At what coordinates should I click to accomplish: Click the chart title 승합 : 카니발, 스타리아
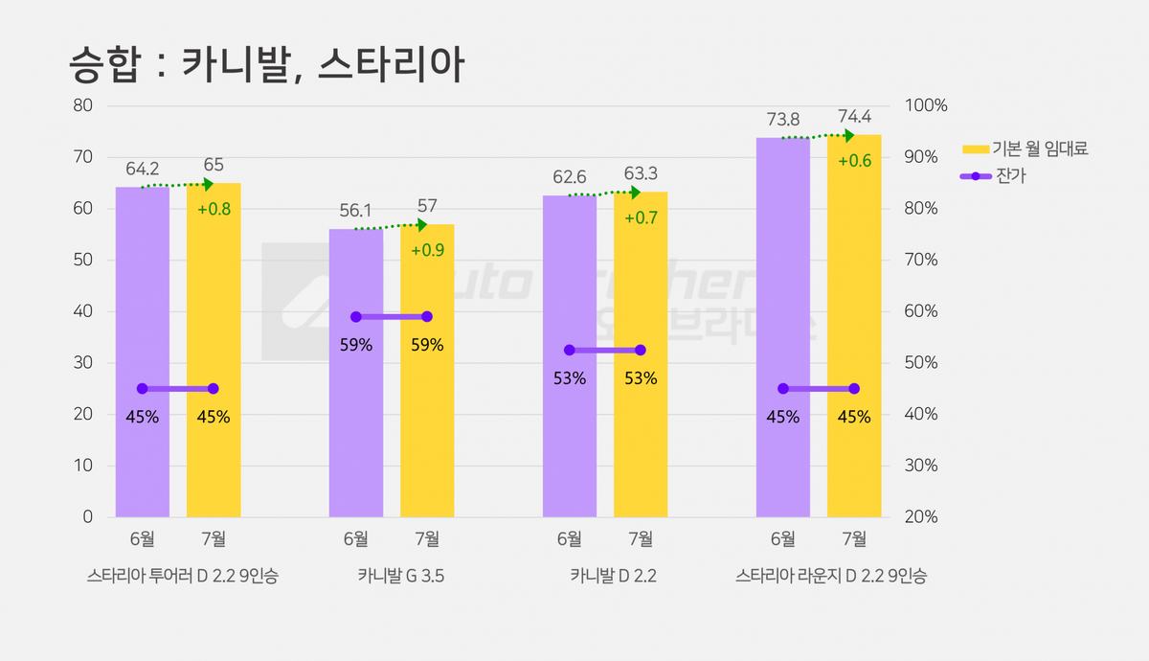[x=267, y=65]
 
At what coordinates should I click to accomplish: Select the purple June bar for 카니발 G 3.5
[x=356, y=373]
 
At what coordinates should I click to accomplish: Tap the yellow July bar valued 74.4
[x=854, y=326]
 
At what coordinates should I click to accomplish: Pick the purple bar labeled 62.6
[x=570, y=356]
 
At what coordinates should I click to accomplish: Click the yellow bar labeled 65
[x=214, y=350]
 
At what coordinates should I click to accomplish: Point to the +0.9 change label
[x=428, y=250]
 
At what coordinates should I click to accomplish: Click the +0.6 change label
[x=854, y=161]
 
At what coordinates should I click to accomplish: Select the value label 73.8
[x=783, y=120]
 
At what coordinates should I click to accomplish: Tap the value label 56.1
[x=355, y=211]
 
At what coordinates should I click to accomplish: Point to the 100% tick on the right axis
[x=926, y=105]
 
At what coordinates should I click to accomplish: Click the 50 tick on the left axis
[x=82, y=260]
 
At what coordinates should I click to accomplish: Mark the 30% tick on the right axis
[x=921, y=466]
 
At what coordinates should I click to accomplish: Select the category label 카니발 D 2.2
[x=614, y=576]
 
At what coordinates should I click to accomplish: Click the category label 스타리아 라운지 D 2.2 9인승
[x=831, y=576]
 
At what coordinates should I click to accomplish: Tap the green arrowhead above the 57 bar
[x=422, y=225]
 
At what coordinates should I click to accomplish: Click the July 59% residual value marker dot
[x=427, y=317]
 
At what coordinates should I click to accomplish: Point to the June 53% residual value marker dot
[x=570, y=350]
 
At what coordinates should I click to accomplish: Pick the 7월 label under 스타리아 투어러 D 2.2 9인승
[x=214, y=538]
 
